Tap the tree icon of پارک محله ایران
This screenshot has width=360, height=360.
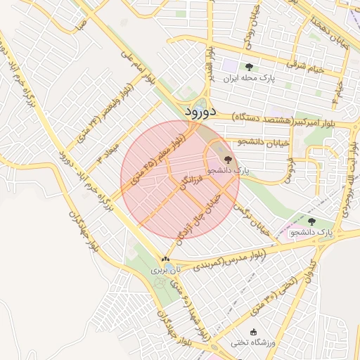coord(249,67)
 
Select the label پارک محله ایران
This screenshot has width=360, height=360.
coord(248,79)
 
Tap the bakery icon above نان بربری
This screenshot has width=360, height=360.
coord(165,259)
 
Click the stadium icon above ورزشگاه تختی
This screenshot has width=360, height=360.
coord(254,332)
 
